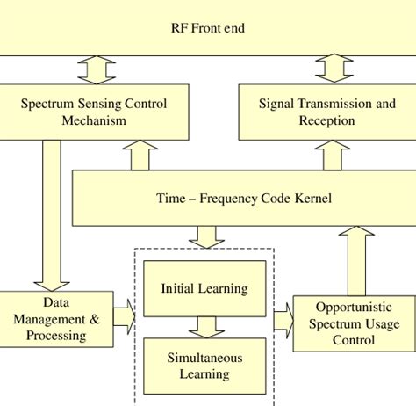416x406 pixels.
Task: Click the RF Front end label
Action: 207,28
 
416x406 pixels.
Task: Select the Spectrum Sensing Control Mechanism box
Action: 94,112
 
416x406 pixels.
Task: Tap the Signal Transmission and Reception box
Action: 326,112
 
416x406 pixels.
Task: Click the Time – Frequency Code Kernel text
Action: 243,199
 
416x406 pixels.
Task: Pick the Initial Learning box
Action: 204,288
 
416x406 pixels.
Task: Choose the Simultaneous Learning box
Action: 204,366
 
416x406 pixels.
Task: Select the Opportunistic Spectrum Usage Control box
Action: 348,323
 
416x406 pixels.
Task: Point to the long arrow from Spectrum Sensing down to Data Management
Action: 52,215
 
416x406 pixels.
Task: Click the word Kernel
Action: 312,199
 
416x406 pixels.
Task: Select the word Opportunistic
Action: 348,307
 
